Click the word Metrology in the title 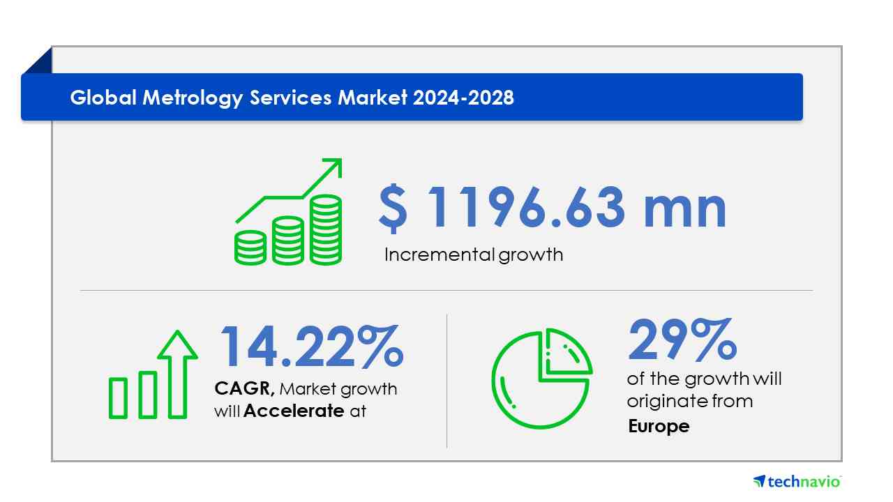tap(193, 98)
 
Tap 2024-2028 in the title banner tap(463, 98)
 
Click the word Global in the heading tap(103, 97)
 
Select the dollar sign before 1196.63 tap(393, 208)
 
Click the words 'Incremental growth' tap(474, 254)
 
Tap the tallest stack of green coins tap(326, 230)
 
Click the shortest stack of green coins tap(250, 248)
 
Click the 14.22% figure tap(312, 346)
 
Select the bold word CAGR tap(244, 388)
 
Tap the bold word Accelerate tap(294, 411)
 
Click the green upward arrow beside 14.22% tap(177, 374)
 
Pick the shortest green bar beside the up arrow tap(118, 398)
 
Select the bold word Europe tap(659, 426)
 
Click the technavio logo tap(797, 481)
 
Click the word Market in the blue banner tap(373, 98)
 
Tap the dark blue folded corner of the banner tap(39, 61)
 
